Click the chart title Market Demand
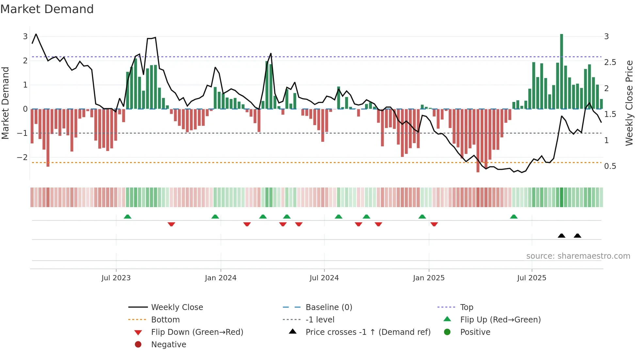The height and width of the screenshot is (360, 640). [47, 9]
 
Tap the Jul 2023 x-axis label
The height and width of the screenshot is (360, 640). [116, 278]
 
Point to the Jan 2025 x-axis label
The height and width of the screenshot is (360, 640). [428, 278]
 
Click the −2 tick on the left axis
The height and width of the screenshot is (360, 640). [23, 157]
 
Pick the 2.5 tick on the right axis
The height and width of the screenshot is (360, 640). [610, 62]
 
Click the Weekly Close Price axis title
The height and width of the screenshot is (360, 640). [629, 103]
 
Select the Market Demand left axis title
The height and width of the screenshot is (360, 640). [5, 103]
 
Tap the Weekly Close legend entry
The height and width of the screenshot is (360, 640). [177, 307]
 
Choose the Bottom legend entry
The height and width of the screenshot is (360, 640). [165, 320]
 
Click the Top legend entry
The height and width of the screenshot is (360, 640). [466, 307]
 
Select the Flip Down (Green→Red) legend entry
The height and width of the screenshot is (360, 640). [197, 332]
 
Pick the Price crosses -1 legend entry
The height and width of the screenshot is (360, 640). [368, 332]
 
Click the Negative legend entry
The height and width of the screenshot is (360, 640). [168, 345]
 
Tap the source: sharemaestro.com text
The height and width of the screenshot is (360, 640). [578, 256]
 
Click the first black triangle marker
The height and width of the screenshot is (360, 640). [561, 236]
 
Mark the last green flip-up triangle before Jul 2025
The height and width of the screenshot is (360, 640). [514, 217]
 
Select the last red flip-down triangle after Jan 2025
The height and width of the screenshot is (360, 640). [434, 224]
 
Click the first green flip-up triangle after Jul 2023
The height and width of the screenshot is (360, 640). [128, 217]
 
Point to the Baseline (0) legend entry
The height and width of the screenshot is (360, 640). [328, 307]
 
